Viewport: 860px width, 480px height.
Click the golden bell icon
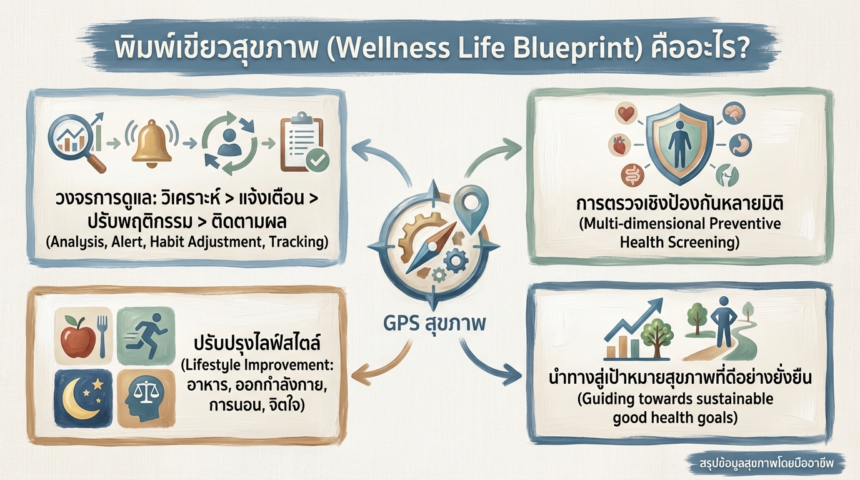tap(152, 142)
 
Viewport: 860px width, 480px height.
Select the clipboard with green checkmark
tap(304, 144)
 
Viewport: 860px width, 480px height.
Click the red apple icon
tap(79, 336)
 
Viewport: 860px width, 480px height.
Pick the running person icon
tap(146, 336)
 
